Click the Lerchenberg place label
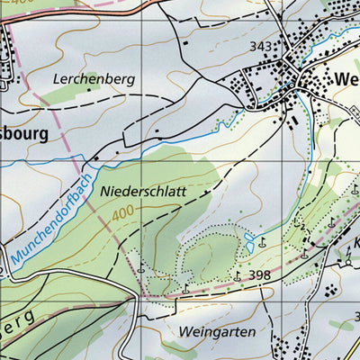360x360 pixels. pos(93,79)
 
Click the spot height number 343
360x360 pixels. pos(261,46)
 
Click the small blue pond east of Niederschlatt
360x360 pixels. pos(248,241)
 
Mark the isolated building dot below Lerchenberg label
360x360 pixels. pos(157,131)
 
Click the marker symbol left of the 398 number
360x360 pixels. pos(237,275)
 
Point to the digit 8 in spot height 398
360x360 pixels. pos(267,275)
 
